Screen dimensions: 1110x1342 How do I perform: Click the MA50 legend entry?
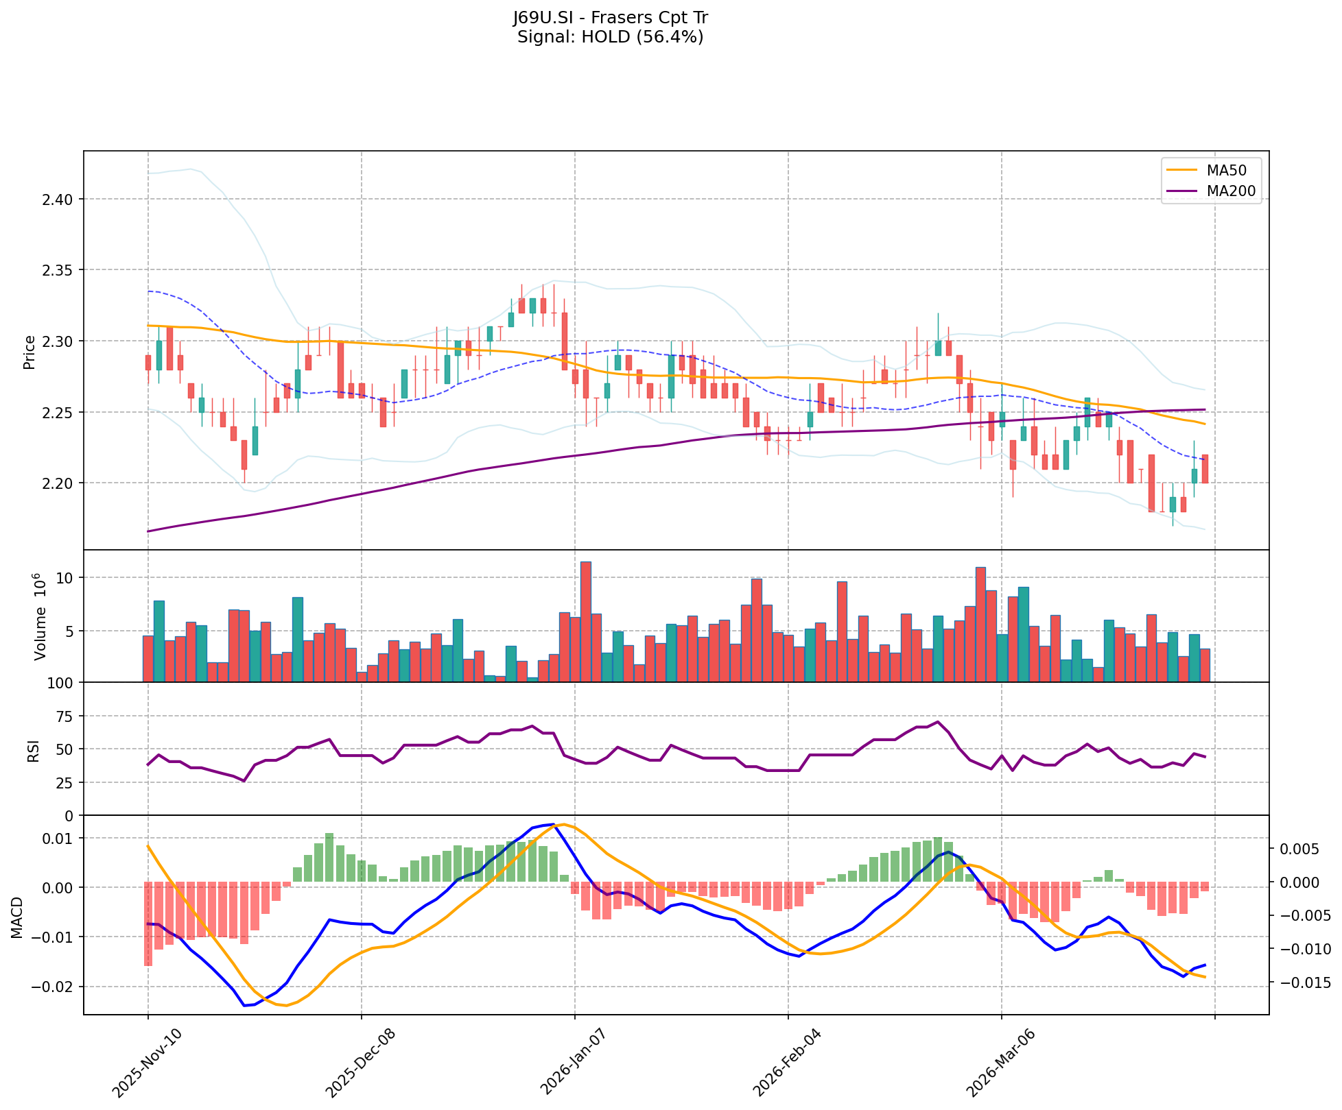(1226, 169)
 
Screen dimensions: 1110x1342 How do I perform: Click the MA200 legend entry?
(1231, 191)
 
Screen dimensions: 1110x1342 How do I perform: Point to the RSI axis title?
(32, 749)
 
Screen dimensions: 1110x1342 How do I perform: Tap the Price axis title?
(29, 352)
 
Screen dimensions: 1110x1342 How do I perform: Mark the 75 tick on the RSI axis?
(64, 716)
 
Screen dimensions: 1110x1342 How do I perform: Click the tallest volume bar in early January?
(585, 621)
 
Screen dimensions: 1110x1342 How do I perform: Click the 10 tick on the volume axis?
(64, 578)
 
